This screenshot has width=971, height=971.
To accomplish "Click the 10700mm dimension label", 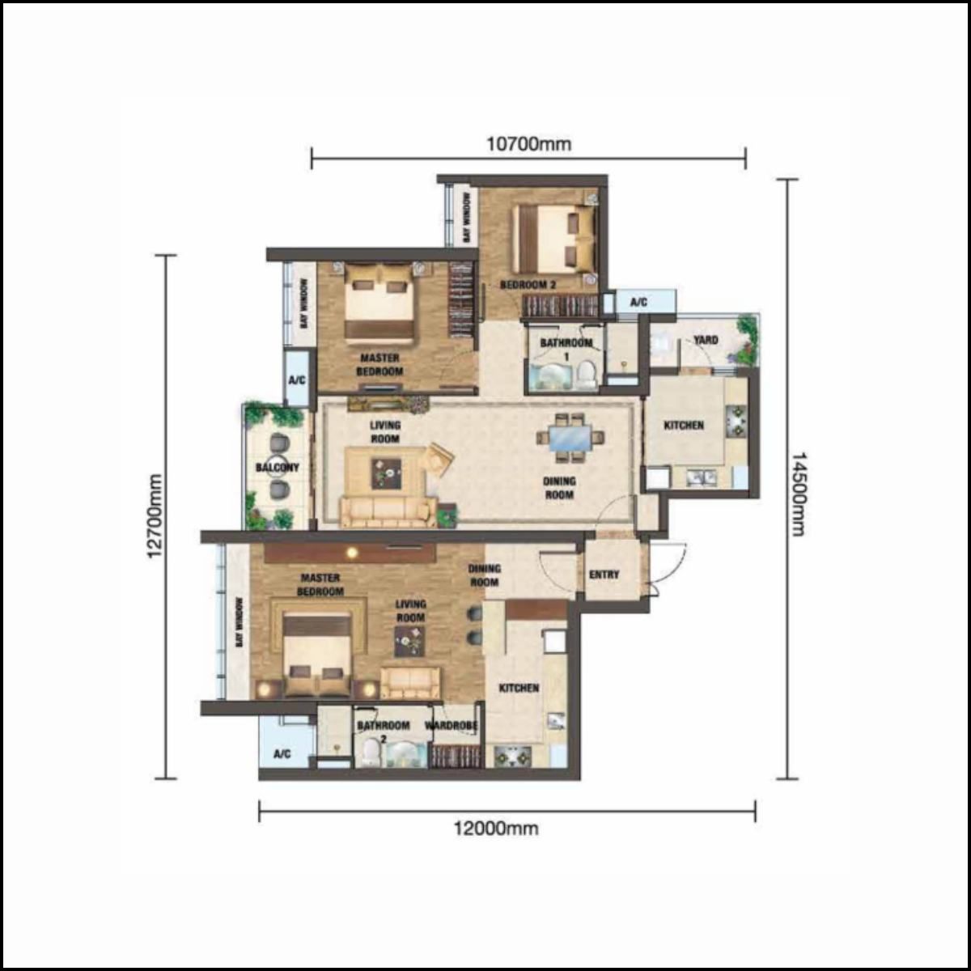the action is click(x=528, y=145).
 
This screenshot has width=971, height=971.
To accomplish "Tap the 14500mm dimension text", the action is click(x=798, y=494).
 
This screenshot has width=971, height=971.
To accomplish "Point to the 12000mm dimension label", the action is click(x=496, y=829).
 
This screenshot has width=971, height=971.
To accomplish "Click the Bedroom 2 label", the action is click(x=528, y=285).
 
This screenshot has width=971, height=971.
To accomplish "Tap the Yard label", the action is click(x=706, y=340).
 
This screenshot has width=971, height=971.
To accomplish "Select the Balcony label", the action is click(x=278, y=468).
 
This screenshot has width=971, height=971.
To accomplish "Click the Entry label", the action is click(x=604, y=575).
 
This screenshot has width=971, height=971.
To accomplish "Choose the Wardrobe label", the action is click(x=451, y=726).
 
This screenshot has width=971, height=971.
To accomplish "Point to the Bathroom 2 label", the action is click(x=383, y=731).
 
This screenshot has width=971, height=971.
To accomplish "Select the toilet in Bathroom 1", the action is click(x=586, y=374).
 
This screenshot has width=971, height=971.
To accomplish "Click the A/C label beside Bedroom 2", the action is click(x=638, y=302).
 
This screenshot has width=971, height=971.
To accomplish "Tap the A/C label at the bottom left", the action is click(x=282, y=754).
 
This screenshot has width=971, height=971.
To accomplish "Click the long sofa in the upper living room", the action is click(x=388, y=512).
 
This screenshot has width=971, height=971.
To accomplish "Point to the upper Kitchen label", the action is click(x=684, y=426).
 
